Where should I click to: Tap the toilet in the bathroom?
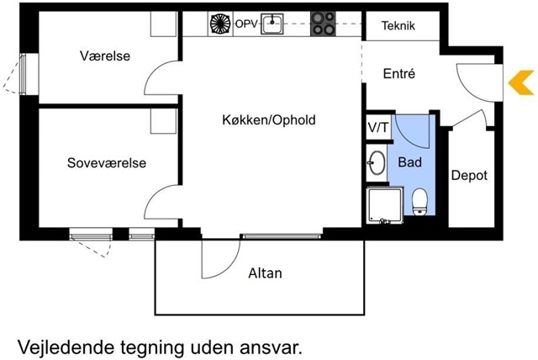pos(419,202)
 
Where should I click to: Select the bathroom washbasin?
pos(377,162)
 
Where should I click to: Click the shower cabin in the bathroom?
pos(385,205)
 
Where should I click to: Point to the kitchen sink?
pos(272,24)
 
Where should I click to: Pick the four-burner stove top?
pos(323,24)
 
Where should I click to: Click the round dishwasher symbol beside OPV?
pos(220,24)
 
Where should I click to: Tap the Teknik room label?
pos(398,25)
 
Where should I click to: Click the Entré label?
pos(399,73)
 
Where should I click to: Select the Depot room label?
pos(469,175)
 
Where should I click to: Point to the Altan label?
pos(266,273)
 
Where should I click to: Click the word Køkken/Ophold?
pos(269,119)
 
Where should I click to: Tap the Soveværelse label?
pos(107,162)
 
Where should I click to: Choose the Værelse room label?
pos(105,56)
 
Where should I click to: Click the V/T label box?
pos(379,127)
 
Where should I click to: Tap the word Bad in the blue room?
pos(409,162)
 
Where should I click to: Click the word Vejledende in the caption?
pos(66,347)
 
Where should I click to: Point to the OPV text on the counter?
pos(246,24)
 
